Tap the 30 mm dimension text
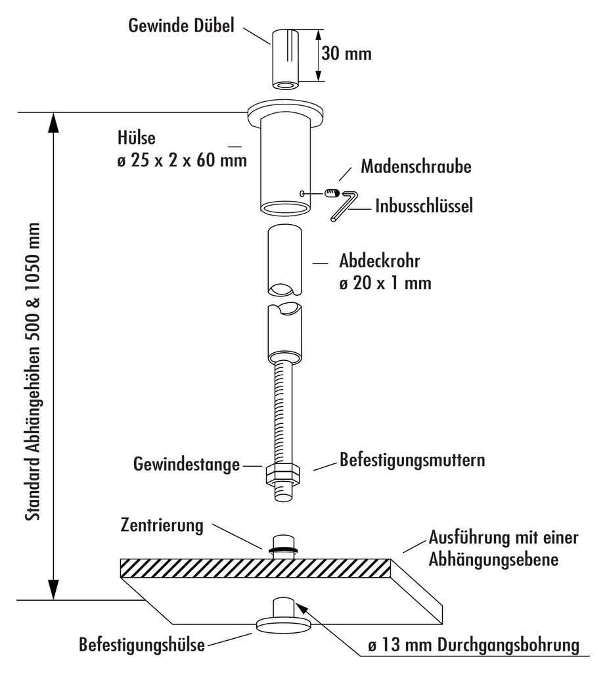[x=347, y=53]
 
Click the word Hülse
[x=135, y=139]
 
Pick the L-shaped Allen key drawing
[x=347, y=204]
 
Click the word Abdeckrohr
[x=380, y=261]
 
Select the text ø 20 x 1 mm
[x=385, y=283]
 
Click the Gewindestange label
[x=186, y=465]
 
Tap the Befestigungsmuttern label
[x=412, y=459]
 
